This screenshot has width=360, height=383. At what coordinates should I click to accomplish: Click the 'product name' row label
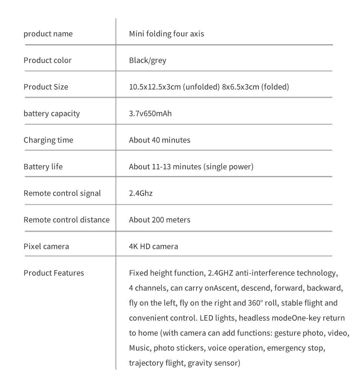pos(48,34)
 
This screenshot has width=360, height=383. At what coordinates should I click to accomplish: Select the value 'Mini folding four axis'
pos(166,34)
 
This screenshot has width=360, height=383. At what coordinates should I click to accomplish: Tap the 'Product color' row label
pos(48,60)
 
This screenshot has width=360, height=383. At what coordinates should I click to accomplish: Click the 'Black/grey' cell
pos(148,60)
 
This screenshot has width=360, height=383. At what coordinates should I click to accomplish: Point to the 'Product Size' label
pos(46,87)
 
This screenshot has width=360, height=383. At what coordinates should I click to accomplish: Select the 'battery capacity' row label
pos(52,114)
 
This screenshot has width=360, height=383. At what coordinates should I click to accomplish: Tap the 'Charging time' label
pos(48,140)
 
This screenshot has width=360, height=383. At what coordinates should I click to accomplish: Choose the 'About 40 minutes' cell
pos(159,140)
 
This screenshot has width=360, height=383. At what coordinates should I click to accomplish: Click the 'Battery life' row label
pos(43,167)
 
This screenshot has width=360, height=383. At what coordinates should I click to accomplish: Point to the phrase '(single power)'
pos(229,167)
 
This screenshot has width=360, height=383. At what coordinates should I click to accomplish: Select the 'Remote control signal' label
pos(62,193)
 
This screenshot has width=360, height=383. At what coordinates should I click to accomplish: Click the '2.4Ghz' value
pos(141,193)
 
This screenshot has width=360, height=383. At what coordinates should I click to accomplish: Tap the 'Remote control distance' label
pos(67,220)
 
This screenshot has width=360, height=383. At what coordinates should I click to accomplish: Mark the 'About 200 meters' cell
pos(159,220)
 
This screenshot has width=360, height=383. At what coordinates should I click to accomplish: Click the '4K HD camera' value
pos(153,247)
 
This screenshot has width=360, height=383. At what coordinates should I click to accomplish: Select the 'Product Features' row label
pos(54,273)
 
